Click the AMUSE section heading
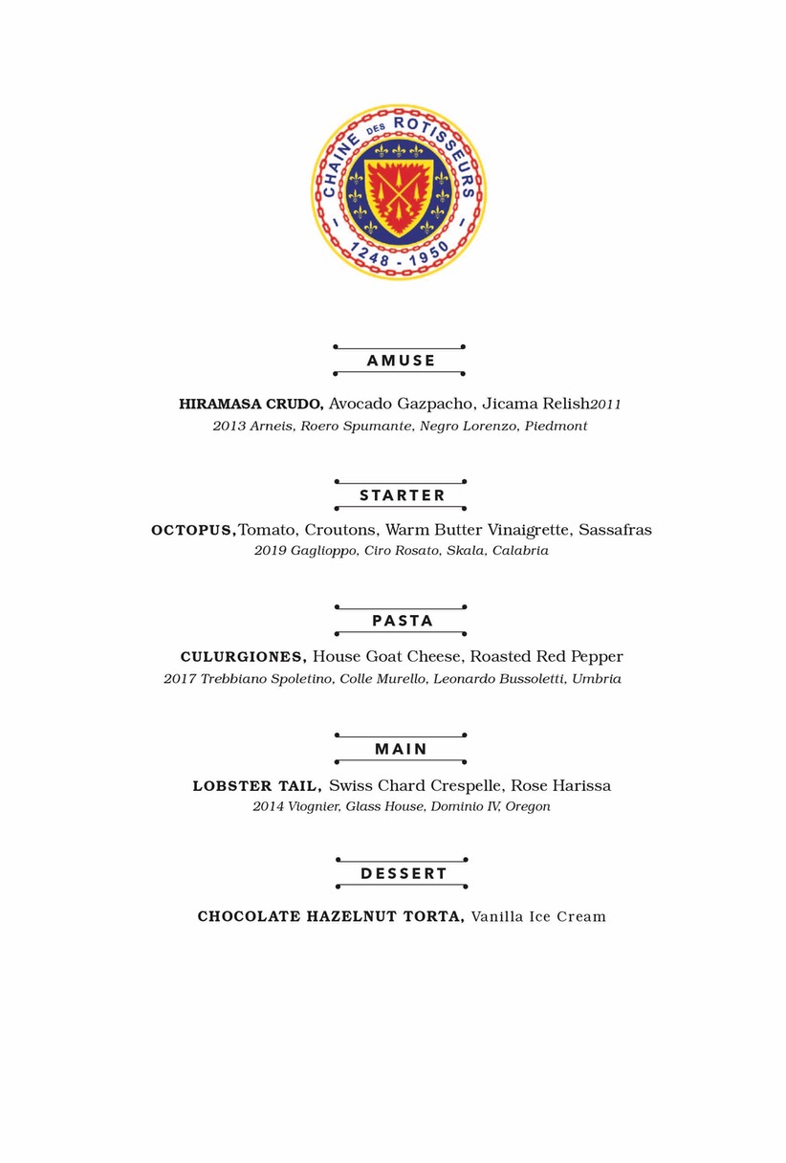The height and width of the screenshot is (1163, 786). tap(401, 361)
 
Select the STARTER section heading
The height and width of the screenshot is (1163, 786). tap(403, 495)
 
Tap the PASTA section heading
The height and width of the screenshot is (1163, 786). tap(403, 621)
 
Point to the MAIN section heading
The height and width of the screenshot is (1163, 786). tap(401, 749)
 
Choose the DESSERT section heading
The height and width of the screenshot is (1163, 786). tap(404, 873)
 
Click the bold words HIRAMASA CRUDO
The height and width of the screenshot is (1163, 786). tap(251, 405)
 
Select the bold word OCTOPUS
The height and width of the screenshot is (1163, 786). tap(193, 530)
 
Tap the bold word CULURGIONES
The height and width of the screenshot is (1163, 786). tap(243, 657)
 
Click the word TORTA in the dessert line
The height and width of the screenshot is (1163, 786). tap(434, 917)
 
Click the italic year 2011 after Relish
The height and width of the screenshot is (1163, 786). tap(606, 406)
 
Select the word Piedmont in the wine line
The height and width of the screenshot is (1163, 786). tap(556, 427)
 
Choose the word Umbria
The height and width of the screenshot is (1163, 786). tap(597, 679)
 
